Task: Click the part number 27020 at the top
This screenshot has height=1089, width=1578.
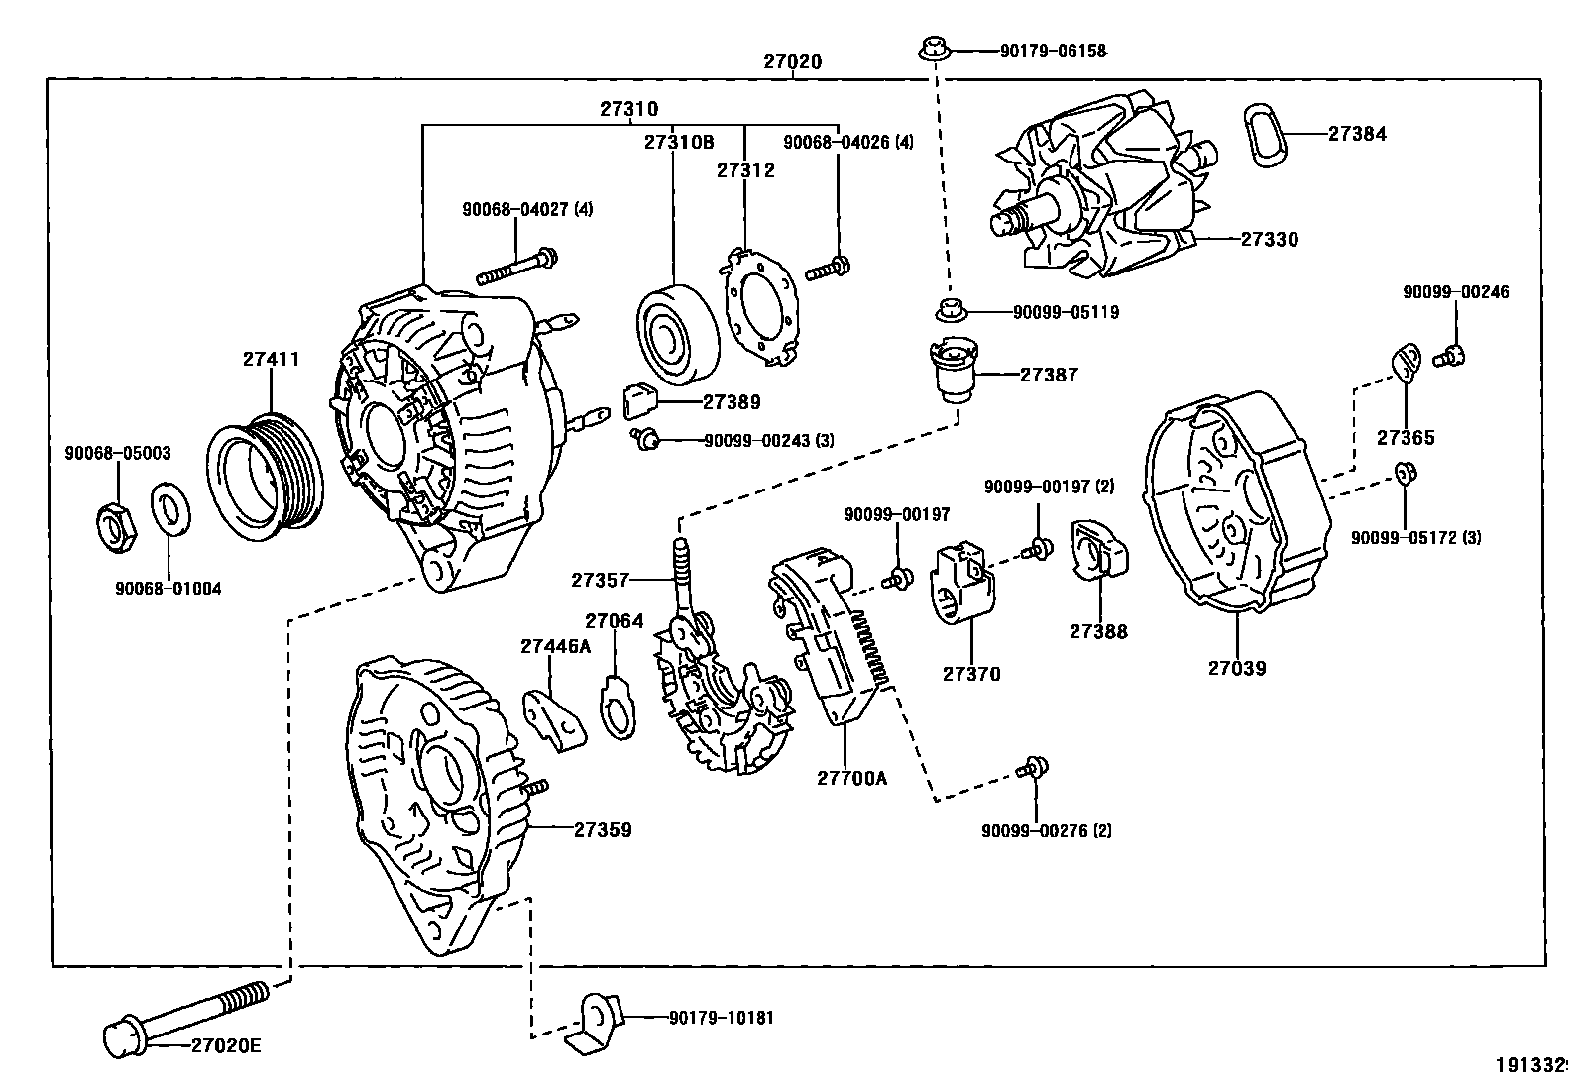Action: coord(792,61)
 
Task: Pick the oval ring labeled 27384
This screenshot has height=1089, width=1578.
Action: coord(1264,134)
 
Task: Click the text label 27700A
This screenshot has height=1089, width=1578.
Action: coord(851,778)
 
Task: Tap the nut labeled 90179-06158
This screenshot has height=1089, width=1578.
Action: coord(933,48)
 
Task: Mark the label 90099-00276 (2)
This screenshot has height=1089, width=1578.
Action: coord(1047,830)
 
